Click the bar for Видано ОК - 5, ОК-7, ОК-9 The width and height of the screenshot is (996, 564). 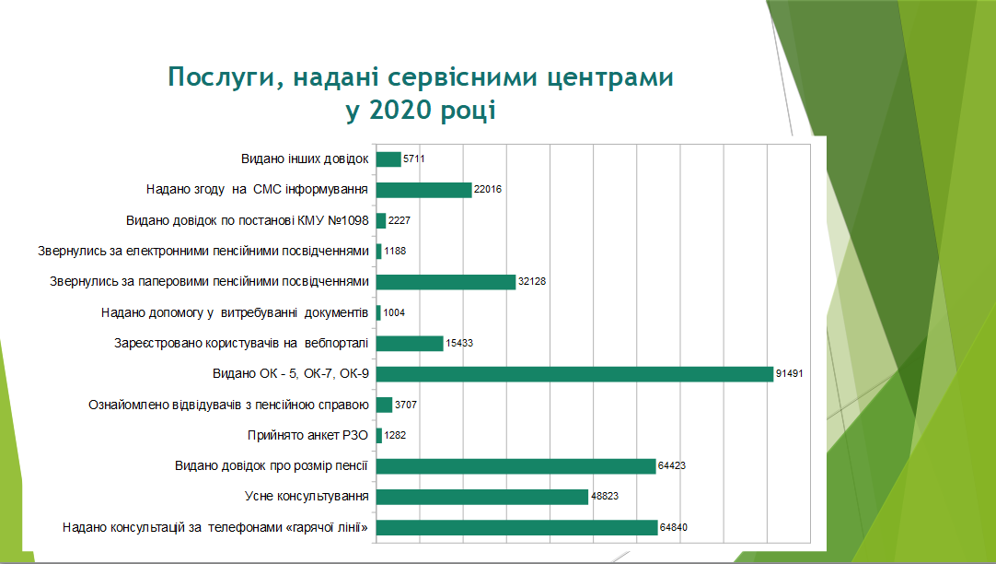[574, 374]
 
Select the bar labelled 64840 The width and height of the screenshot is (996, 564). [517, 528]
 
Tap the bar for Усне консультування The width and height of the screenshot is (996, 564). [482, 497]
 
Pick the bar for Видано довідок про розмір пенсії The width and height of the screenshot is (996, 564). [515, 466]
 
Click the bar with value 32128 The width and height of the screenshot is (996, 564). [446, 282]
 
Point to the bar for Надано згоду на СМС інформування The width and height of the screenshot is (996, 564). [424, 190]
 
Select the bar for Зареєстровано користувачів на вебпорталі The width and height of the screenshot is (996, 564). [410, 344]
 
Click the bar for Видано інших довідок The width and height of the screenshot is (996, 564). [388, 159]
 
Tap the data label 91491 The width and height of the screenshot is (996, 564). [790, 374]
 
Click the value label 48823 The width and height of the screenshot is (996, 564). [605, 497]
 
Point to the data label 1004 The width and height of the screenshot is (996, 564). [394, 312]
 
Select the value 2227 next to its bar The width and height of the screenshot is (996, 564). [400, 220]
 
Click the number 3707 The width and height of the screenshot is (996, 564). [406, 405]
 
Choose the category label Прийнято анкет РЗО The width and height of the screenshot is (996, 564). [308, 436]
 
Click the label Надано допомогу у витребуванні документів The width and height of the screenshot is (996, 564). [235, 312]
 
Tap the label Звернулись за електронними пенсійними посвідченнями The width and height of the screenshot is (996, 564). [203, 252]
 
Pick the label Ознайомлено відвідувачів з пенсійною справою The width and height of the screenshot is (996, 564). [228, 405]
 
